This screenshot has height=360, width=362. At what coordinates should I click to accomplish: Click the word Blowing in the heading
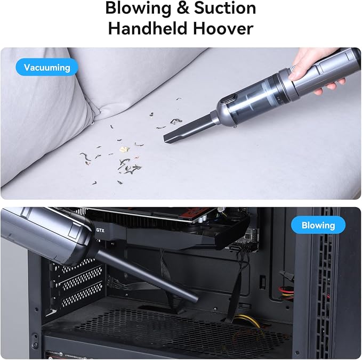138,9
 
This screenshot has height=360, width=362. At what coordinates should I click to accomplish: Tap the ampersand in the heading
182,8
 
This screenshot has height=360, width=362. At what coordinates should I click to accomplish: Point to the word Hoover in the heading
223,28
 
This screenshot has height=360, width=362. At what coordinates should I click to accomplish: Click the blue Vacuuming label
47,67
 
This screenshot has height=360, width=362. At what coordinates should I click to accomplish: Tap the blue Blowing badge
318,225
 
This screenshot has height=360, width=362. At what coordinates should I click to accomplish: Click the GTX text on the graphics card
100,230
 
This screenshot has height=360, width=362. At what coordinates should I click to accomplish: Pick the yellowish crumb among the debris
124,150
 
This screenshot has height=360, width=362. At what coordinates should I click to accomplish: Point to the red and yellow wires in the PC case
286,291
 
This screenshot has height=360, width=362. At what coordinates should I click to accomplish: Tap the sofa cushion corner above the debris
95,117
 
